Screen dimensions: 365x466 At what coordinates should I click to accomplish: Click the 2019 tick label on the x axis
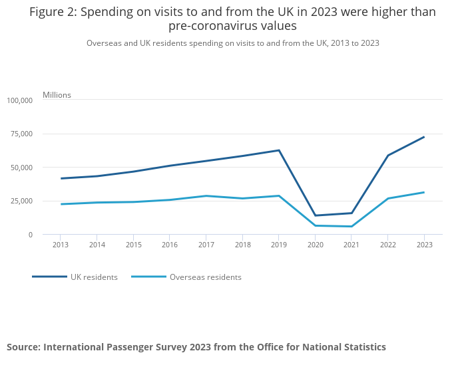(278, 245)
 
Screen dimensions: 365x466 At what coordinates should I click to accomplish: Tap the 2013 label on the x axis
(60, 245)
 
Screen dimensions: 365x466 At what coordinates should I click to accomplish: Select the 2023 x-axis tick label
(424, 245)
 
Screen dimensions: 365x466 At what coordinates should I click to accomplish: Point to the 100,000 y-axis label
(19, 100)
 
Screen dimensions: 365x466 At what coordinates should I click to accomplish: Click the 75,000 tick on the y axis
(21, 134)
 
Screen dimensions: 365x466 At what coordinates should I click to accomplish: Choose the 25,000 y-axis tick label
(21, 201)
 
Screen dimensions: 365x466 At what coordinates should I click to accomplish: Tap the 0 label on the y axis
(29, 235)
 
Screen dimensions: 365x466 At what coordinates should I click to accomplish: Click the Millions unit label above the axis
(57, 95)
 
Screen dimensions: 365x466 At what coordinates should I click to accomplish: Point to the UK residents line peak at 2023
(424, 137)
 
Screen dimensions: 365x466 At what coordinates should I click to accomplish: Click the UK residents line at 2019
(278, 150)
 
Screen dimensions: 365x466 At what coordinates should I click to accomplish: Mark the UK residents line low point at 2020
(315, 215)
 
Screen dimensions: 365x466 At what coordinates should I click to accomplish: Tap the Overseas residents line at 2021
(351, 227)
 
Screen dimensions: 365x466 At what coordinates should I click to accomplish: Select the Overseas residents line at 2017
(206, 196)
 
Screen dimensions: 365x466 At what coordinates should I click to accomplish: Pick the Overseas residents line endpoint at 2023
(424, 192)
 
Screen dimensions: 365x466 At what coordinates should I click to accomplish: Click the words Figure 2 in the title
(53, 12)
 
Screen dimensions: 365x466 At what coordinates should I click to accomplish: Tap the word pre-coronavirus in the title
(210, 27)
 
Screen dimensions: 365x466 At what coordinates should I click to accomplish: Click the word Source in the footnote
(23, 347)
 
